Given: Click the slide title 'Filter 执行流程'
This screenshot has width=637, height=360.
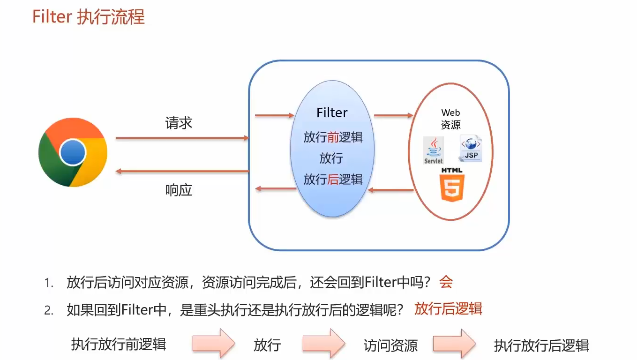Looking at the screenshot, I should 89,17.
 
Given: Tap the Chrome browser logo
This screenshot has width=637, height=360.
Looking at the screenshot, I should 73,152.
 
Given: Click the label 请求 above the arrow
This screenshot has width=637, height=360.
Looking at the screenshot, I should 179,123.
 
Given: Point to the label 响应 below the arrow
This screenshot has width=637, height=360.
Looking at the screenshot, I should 179,190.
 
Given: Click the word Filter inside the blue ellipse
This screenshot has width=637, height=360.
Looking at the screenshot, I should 332,113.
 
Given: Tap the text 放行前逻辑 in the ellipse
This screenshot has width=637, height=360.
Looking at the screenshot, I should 332,137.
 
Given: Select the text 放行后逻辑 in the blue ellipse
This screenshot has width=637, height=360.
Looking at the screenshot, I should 332,179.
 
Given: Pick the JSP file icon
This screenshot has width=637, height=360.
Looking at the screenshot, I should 470,149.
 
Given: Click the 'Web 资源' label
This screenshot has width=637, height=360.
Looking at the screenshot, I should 450,119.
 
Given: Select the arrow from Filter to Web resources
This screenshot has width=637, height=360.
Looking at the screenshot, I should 393,115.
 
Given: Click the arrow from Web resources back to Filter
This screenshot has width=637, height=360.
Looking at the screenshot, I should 390,190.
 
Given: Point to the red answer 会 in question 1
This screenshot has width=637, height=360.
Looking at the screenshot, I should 446,282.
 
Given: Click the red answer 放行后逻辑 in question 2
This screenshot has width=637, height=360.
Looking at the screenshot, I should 448,309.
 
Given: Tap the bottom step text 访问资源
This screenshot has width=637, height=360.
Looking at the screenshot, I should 390,346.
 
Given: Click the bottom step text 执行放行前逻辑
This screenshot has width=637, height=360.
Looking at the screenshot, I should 119,345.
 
